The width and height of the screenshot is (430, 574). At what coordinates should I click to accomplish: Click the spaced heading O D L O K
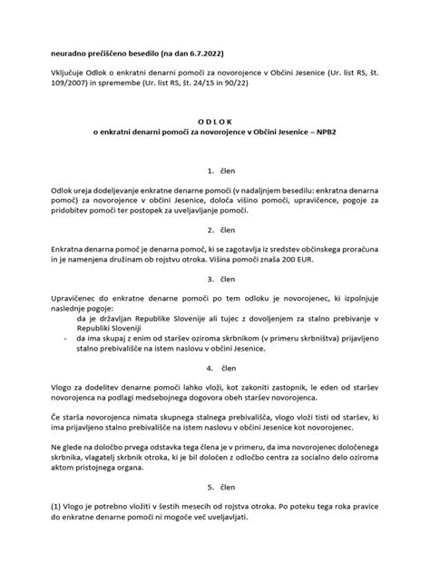tap(214, 130)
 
